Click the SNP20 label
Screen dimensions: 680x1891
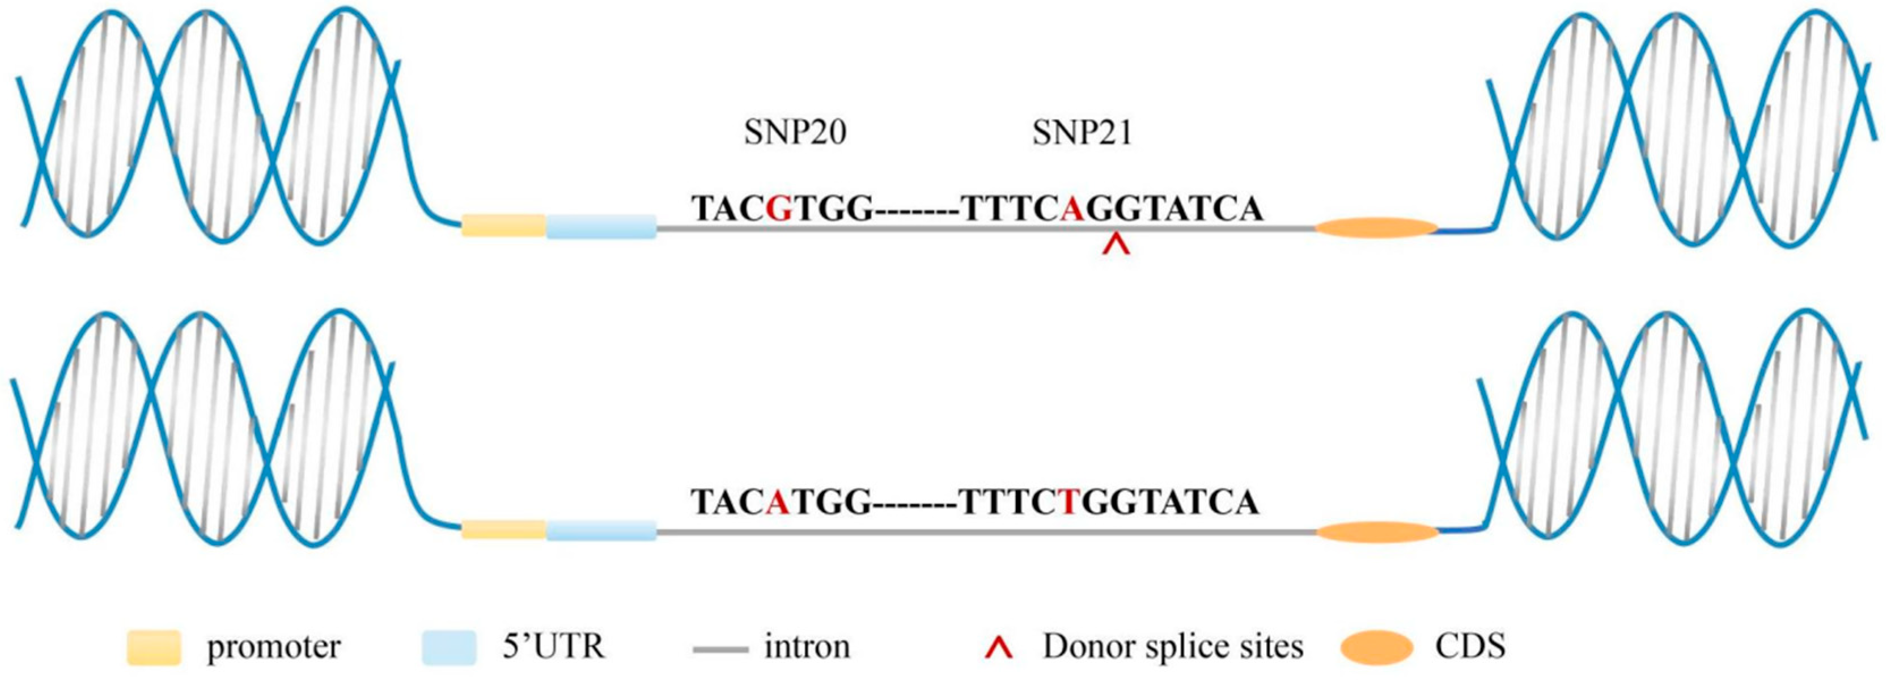(x=795, y=133)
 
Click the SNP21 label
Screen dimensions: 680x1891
(x=1082, y=133)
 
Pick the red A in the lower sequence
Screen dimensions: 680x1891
(x=778, y=502)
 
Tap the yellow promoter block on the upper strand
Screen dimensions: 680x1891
(x=503, y=226)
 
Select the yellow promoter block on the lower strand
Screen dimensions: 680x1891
(x=503, y=530)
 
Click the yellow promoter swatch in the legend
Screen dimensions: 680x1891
(x=154, y=648)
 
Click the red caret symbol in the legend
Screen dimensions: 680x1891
(x=1000, y=648)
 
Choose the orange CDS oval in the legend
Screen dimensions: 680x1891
(x=1376, y=648)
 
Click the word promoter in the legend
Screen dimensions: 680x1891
(x=274, y=647)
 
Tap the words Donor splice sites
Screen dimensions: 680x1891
(x=1173, y=647)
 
